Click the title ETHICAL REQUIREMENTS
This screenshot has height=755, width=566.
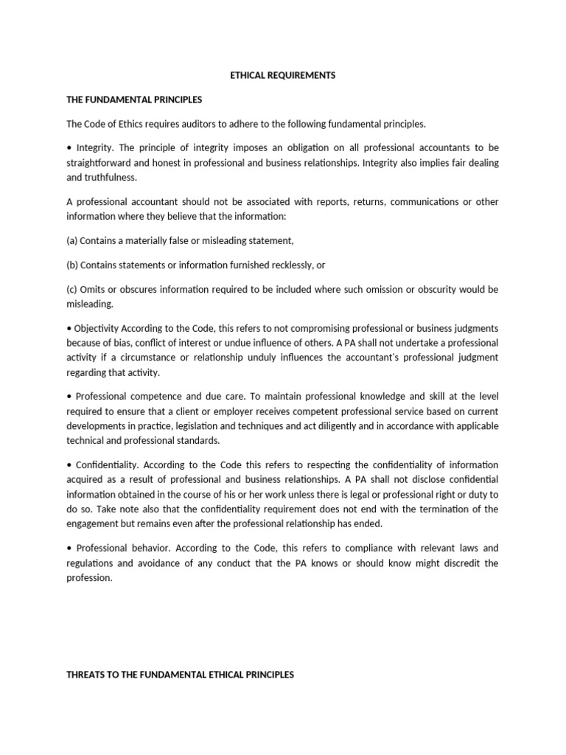click(x=282, y=75)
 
